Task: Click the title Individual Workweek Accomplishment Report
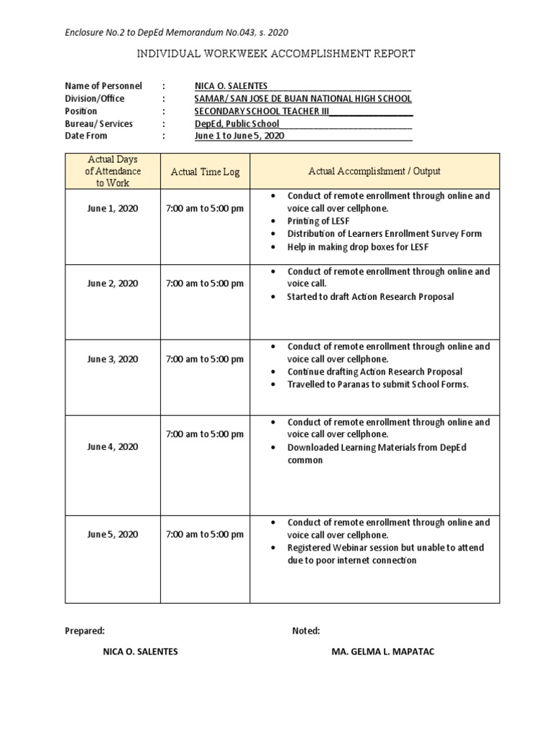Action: point(275,54)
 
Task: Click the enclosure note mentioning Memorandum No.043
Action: point(177,32)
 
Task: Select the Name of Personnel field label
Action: point(103,86)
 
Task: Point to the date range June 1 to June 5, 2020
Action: point(239,136)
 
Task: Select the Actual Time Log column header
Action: point(205,172)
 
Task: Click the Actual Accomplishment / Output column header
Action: point(374,171)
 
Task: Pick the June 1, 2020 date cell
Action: point(113,208)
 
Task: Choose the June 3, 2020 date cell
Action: point(113,359)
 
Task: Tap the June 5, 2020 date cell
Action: point(113,535)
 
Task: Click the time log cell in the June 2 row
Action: point(205,284)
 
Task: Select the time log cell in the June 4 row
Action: point(205,434)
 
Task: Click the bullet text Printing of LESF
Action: point(318,221)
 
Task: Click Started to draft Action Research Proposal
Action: point(370,296)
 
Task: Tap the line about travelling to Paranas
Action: point(377,384)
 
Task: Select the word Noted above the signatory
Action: point(306,631)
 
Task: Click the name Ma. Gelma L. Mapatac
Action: point(382,652)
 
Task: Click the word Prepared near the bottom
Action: point(85,631)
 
